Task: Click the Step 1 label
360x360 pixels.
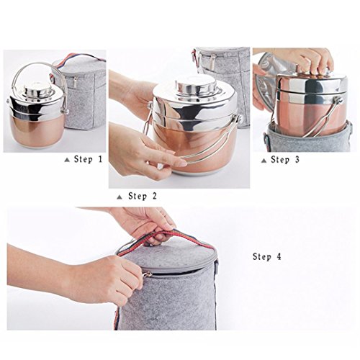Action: (x=89, y=159)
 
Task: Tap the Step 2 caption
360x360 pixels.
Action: (x=143, y=196)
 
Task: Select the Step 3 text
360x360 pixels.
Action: (x=285, y=160)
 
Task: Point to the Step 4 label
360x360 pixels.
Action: (x=266, y=256)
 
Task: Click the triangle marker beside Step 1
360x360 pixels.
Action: (x=67, y=160)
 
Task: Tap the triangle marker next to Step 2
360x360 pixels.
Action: (x=120, y=197)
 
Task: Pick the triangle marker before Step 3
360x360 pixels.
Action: (x=264, y=161)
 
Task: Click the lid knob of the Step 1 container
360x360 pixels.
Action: (x=38, y=89)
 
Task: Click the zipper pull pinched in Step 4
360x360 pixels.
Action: (x=147, y=274)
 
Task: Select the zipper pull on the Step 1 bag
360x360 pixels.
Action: (x=76, y=83)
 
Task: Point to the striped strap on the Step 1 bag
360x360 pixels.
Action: (x=77, y=59)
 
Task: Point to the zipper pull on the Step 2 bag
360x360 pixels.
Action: (x=212, y=62)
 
